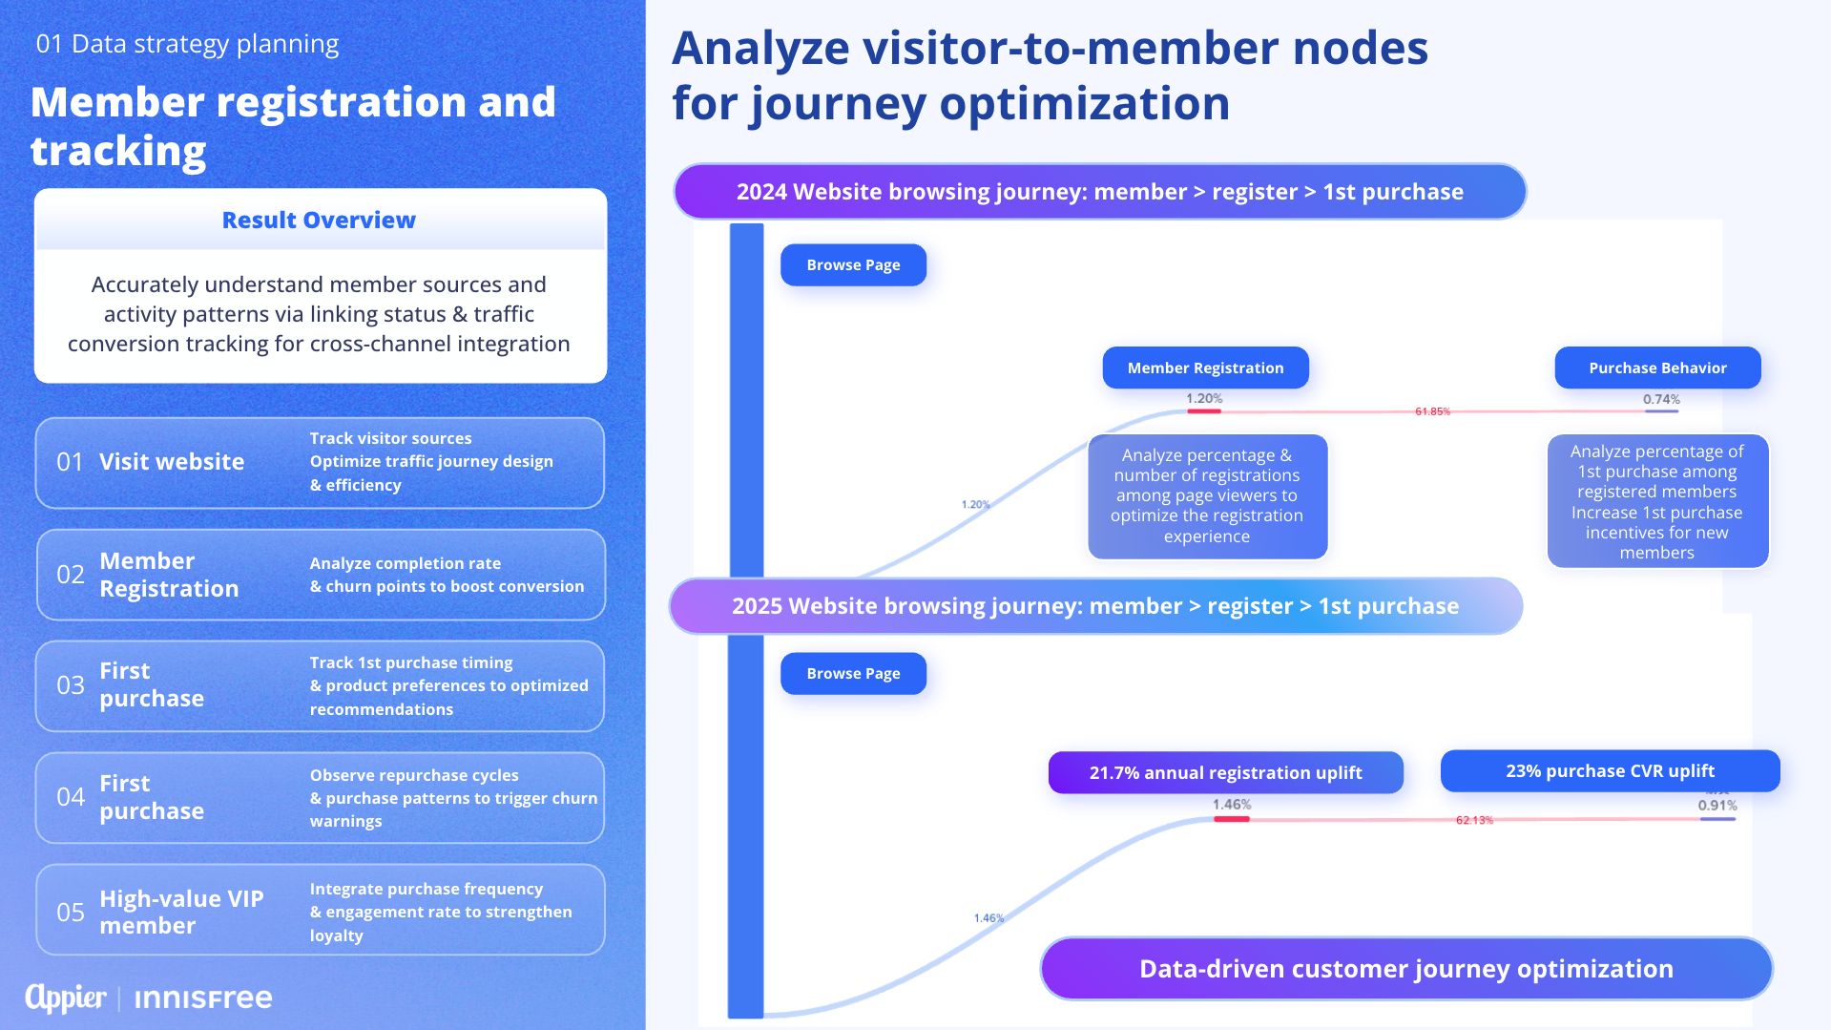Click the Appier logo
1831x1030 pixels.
66,998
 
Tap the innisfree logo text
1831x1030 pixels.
203,998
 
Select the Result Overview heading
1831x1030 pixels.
319,221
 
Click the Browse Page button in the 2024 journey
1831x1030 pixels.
853,265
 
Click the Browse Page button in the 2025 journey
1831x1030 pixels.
853,674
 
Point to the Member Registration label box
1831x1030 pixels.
1205,368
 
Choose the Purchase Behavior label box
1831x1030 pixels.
1657,368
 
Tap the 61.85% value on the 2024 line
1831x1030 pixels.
1432,411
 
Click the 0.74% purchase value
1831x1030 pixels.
1661,400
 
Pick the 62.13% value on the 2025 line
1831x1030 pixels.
1474,820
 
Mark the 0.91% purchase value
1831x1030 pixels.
1717,806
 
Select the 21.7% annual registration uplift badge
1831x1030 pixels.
1225,773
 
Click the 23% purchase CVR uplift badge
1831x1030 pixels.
1610,771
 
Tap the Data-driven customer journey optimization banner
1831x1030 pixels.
1405,969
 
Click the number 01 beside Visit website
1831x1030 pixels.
70,462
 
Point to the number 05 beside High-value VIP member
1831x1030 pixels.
71,913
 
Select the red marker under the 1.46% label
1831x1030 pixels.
1231,819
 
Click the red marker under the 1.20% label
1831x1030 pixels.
1204,411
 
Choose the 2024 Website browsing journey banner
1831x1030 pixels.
1099,192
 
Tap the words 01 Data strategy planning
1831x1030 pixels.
187,44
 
